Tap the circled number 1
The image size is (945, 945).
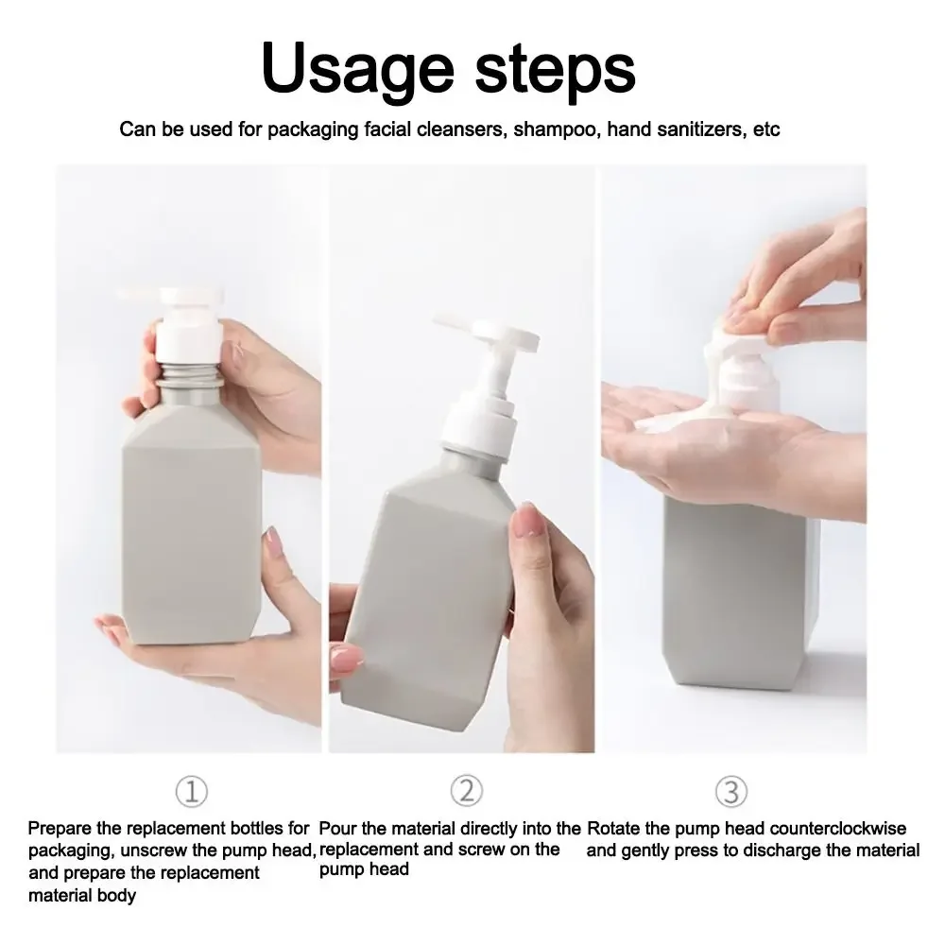click(x=192, y=791)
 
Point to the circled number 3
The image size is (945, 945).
click(x=731, y=791)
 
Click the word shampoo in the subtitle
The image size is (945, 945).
click(x=555, y=129)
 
